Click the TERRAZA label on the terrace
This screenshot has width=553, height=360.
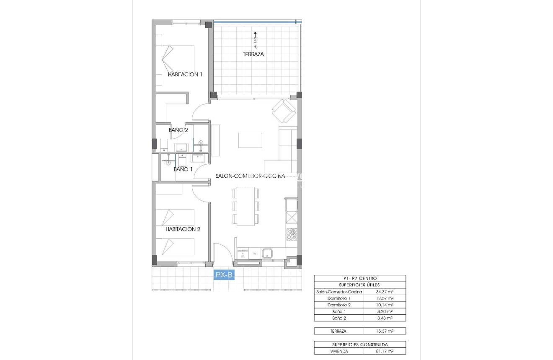[253, 54]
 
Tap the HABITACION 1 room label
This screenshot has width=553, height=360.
[185, 74]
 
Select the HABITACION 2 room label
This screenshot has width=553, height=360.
[183, 229]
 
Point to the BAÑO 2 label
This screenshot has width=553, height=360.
[178, 130]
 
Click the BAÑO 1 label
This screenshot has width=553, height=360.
[183, 169]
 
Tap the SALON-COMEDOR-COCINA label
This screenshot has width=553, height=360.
[250, 176]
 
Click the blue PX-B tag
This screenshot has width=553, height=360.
[224, 275]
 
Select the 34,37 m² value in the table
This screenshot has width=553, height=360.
[385, 292]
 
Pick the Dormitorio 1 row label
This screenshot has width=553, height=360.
[339, 298]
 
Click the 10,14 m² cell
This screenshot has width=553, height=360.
[385, 305]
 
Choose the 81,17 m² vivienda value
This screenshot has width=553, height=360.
[385, 351]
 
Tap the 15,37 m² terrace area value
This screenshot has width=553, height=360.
[385, 331]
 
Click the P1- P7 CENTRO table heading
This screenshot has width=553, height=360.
[360, 278]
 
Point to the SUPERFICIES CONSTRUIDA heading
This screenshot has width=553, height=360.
[360, 344]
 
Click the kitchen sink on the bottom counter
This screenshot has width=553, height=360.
[267, 254]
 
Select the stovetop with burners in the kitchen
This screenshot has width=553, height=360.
[292, 235]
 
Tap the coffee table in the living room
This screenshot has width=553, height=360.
[250, 140]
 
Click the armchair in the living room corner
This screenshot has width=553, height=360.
[284, 110]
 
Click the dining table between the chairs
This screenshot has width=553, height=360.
[246, 206]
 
